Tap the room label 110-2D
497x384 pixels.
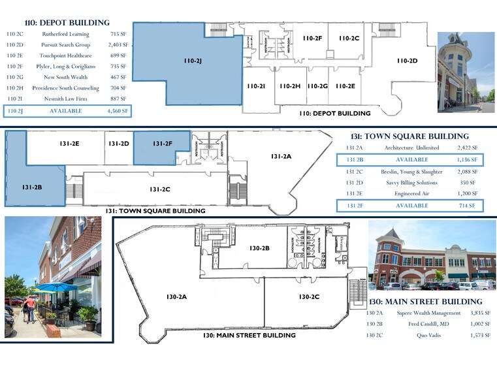click(x=407, y=61)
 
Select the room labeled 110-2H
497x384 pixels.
click(x=289, y=86)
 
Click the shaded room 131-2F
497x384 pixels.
click(x=162, y=144)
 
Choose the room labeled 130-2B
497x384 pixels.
click(x=259, y=248)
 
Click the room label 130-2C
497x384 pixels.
click(x=309, y=297)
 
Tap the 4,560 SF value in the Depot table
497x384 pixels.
click(x=118, y=111)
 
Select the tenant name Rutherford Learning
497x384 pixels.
click(x=65, y=33)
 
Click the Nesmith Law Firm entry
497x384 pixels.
click(x=65, y=99)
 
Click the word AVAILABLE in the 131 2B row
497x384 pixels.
click(x=411, y=159)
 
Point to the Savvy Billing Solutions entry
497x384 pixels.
click(x=411, y=183)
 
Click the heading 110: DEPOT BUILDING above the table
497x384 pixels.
click(x=57, y=23)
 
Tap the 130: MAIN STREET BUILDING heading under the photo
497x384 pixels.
click(x=425, y=302)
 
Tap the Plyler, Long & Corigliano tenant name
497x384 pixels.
click(x=65, y=66)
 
